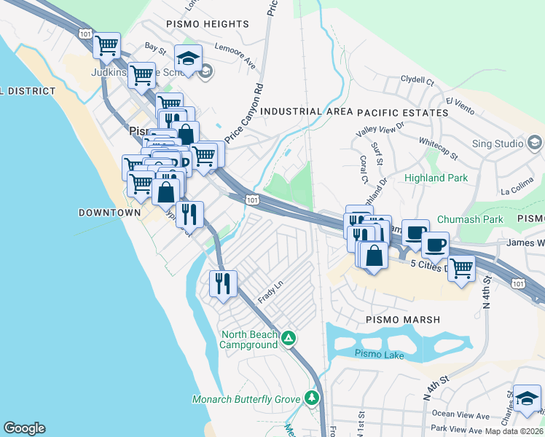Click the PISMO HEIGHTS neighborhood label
point(208,24)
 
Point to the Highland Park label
point(435,178)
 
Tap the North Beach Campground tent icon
point(289,338)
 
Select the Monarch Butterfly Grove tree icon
point(313,398)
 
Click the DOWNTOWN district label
point(109,213)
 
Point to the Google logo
point(24,428)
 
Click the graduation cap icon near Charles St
point(527,398)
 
